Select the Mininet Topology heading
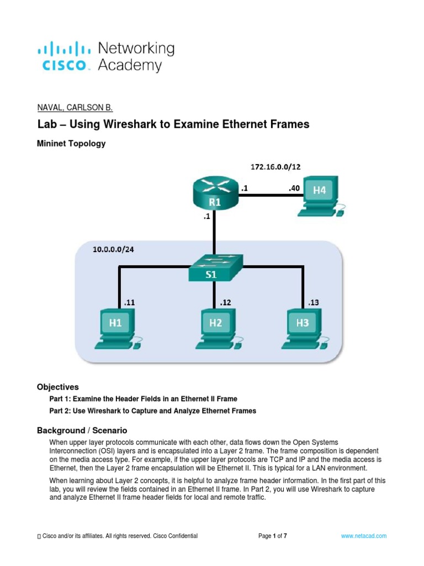pos(71,144)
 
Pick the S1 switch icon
pos(215,270)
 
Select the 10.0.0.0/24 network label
pos(113,249)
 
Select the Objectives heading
pos(58,387)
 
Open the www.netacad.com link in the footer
pos(363,536)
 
